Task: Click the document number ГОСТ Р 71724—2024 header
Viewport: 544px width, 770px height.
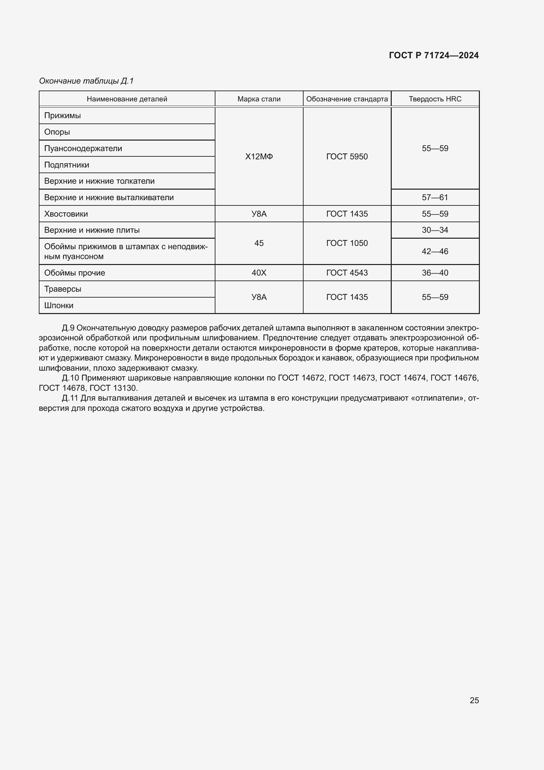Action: [x=433, y=55]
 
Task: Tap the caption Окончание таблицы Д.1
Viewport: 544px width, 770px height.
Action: [x=86, y=81]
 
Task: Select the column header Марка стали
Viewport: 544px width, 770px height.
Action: [x=259, y=99]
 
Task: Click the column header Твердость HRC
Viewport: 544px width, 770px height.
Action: [x=435, y=99]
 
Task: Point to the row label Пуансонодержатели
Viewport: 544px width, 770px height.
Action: [x=83, y=148]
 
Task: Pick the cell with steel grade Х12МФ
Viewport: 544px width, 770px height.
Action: [x=259, y=157]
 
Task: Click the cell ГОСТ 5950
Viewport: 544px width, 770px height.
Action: [x=347, y=157]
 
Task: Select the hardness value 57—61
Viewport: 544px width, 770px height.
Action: [x=435, y=198]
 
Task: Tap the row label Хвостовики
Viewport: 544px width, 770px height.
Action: [x=66, y=214]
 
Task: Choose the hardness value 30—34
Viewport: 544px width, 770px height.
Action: [x=435, y=230]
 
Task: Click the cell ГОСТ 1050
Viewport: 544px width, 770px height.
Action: [x=347, y=243]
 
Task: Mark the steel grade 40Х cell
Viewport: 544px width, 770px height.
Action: [x=259, y=273]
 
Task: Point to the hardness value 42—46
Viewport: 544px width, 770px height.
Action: [x=435, y=252]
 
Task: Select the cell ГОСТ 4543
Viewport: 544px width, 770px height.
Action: [x=347, y=273]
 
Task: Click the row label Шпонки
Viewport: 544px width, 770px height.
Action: [x=59, y=305]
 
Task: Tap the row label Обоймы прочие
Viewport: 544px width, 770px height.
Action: [x=74, y=273]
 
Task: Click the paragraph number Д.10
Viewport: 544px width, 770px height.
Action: [x=70, y=378]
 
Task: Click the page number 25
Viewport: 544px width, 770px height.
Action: [x=474, y=700]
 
